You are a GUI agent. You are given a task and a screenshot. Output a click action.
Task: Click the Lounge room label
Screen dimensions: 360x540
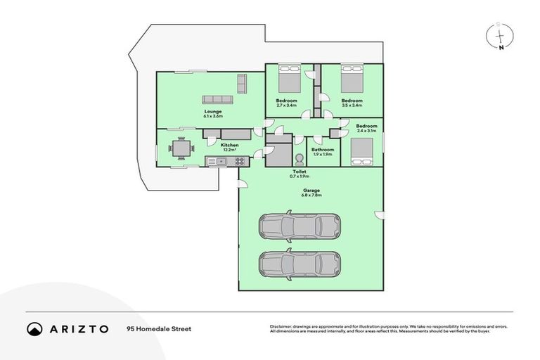[x=213, y=111]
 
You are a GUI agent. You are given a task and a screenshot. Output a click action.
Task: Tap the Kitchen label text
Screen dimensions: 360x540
[x=230, y=145]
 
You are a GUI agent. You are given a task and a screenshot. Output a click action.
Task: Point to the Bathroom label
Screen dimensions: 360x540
[x=323, y=150]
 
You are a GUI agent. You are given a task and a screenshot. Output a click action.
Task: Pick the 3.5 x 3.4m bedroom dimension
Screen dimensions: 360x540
[x=352, y=105]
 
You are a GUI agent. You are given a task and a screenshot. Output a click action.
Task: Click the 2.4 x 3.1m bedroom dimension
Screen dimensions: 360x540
[x=366, y=131]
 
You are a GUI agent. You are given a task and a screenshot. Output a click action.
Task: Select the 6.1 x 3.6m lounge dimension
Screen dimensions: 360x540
[x=213, y=116]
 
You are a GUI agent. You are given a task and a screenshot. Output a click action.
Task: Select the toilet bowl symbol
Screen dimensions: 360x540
[x=298, y=159]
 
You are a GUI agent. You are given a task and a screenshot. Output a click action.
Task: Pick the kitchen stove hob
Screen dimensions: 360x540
[x=240, y=161]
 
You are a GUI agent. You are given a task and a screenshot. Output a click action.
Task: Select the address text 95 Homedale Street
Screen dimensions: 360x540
[x=158, y=328]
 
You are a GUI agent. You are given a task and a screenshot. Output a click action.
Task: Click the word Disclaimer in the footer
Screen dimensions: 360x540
[x=281, y=326]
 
